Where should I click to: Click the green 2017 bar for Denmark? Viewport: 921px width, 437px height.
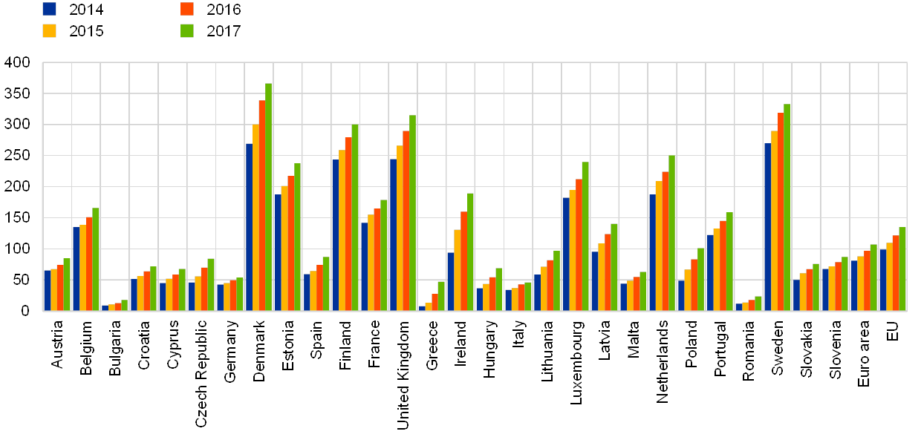pyautogui.click(x=269, y=197)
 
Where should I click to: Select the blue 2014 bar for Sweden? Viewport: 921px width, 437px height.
pyautogui.click(x=767, y=226)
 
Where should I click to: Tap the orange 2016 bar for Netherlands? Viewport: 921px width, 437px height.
pyautogui.click(x=665, y=240)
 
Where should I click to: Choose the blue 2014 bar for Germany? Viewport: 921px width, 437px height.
pyautogui.click(x=219, y=297)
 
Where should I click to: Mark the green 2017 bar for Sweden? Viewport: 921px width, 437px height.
pyautogui.click(x=787, y=207)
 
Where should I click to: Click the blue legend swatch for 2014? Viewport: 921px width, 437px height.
pyautogui.click(x=50, y=9)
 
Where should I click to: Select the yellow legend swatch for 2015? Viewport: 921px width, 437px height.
pyautogui.click(x=50, y=30)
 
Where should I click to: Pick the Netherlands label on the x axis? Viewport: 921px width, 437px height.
pyautogui.click(x=663, y=361)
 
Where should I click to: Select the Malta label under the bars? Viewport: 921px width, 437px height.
pyautogui.click(x=634, y=338)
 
